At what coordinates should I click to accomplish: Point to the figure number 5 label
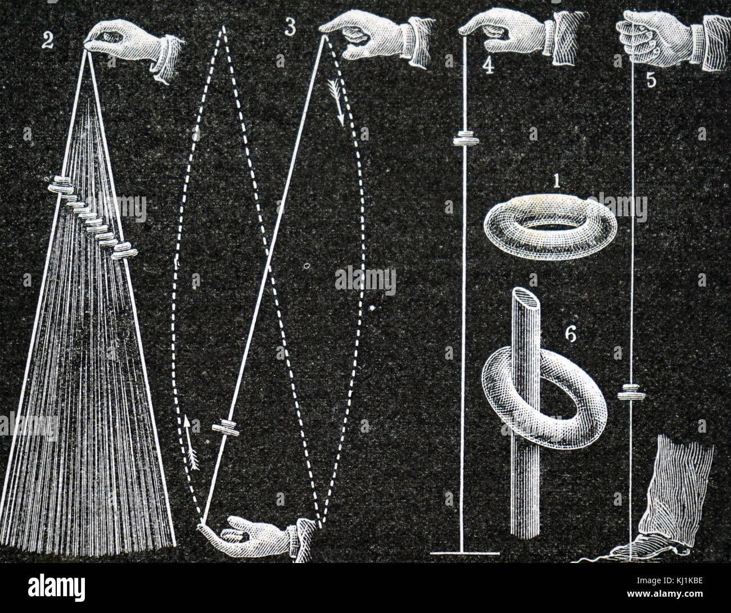[650, 80]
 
